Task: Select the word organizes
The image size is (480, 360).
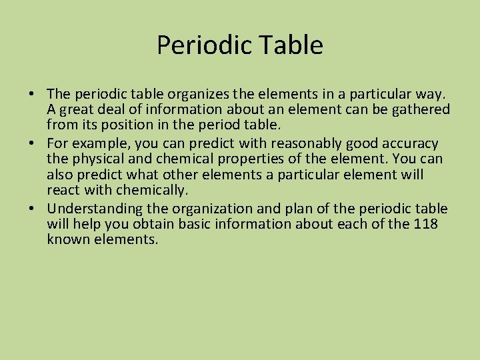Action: click(x=201, y=93)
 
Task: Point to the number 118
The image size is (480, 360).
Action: click(x=425, y=224)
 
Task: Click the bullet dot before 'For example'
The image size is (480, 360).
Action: click(x=33, y=144)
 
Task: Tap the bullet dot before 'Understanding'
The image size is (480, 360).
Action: click(x=33, y=209)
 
